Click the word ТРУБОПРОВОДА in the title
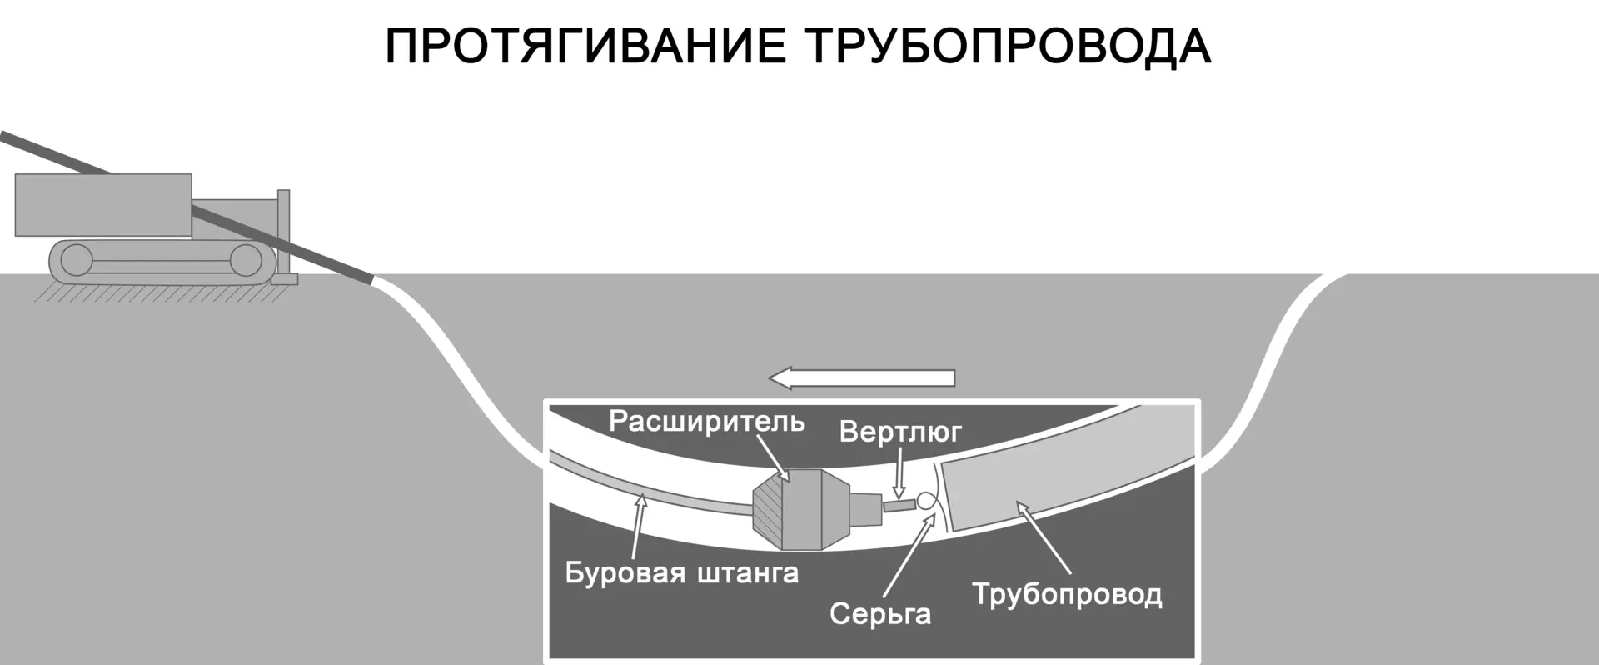point(1008,47)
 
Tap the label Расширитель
point(706,422)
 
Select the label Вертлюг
point(900,432)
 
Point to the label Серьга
point(879,614)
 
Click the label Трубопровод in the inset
point(1067,595)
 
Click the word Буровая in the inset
point(625,573)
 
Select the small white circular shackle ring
point(926,502)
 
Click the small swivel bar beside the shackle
point(898,505)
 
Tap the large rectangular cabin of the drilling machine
point(102,205)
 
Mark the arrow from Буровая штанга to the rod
point(637,525)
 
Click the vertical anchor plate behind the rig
point(284,233)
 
